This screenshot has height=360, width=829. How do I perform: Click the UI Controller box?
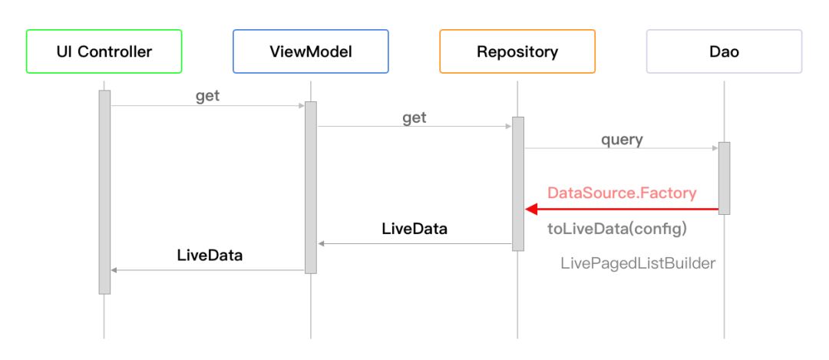pos(104,51)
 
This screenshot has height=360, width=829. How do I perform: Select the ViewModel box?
pos(311,51)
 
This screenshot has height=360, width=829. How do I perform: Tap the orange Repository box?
pos(517,51)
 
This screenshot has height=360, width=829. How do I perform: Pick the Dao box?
pos(725,51)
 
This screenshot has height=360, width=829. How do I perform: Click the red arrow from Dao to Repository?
pos(622,210)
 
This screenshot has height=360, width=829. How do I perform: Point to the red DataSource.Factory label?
pos(622,193)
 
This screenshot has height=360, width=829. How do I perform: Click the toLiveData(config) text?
pos(617,230)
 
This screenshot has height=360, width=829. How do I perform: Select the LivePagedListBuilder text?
pos(638,263)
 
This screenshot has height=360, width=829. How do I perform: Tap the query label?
pos(622,140)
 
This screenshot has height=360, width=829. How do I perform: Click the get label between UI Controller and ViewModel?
pos(208,97)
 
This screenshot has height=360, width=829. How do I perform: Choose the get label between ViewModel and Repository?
pos(414,118)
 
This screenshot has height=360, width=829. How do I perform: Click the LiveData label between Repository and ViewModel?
pos(414,229)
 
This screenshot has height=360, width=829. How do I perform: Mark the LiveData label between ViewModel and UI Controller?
pos(210,256)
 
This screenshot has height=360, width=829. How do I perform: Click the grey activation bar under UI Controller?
pos(104,192)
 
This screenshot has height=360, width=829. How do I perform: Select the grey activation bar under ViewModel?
pos(311,187)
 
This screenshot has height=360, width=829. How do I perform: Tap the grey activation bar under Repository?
pos(518,184)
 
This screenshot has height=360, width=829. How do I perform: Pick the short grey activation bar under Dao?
pos(725,178)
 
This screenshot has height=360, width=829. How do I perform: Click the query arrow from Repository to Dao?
pos(621,148)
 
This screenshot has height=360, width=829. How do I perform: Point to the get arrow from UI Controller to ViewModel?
pos(208,106)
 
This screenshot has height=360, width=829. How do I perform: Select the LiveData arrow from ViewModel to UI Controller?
pos(208,270)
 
